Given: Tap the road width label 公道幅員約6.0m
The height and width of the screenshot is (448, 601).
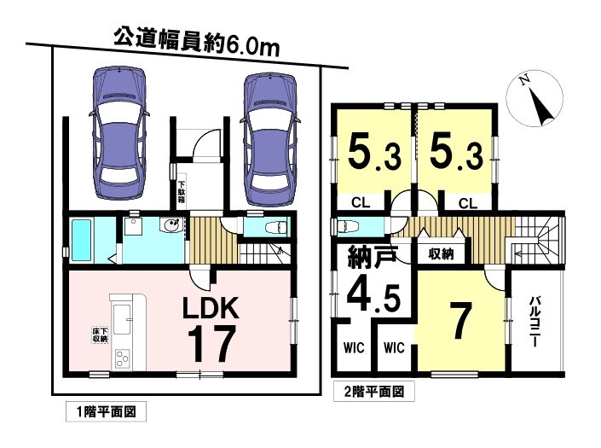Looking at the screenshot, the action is (x=197, y=43).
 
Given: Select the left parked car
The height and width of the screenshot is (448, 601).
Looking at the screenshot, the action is (x=119, y=133).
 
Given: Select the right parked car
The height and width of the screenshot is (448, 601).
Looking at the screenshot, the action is (x=270, y=140).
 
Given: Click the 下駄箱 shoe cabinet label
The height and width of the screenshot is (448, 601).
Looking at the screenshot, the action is (x=182, y=192).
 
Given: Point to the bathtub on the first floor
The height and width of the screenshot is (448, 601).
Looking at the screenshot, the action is (x=81, y=240).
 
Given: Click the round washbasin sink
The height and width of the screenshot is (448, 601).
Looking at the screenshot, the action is (x=172, y=225).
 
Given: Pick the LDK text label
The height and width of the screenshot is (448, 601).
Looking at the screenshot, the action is (x=211, y=307).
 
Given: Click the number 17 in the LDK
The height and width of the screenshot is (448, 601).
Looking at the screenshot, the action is (x=211, y=344).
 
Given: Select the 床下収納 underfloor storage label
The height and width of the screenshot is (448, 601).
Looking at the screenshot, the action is (x=100, y=335).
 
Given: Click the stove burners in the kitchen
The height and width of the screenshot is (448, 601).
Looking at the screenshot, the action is (x=122, y=359).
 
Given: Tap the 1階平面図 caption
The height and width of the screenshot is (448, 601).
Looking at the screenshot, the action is (x=106, y=412).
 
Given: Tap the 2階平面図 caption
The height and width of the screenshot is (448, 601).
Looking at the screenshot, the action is (x=373, y=392).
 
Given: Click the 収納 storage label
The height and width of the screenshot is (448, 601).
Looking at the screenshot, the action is (x=441, y=253).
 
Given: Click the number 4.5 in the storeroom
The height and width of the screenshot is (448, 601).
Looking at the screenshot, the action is (x=373, y=296).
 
